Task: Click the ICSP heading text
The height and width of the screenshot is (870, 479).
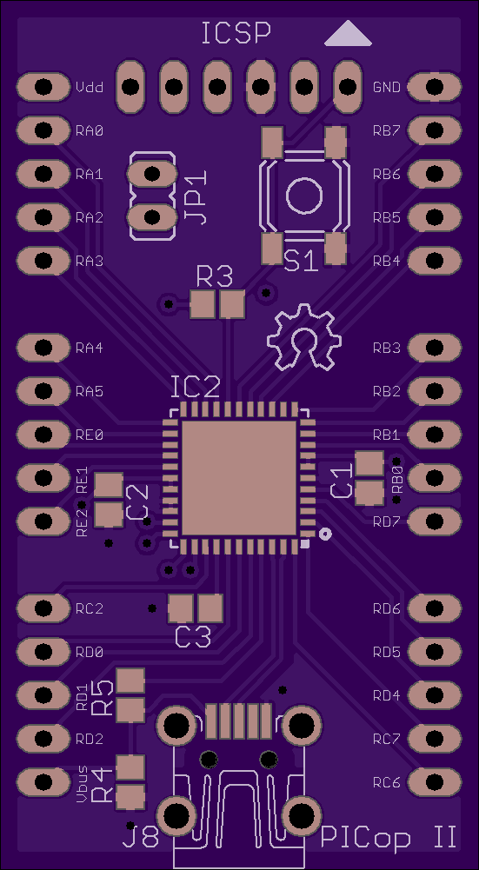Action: tap(236, 33)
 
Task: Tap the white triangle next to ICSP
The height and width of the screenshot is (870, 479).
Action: tap(348, 34)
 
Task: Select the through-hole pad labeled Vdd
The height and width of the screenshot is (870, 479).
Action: tap(43, 87)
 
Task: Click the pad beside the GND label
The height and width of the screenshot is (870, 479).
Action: tap(436, 87)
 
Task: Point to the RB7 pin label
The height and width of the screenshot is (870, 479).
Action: tap(386, 131)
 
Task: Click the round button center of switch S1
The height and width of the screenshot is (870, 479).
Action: tap(303, 196)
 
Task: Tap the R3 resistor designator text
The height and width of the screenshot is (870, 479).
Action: tap(214, 276)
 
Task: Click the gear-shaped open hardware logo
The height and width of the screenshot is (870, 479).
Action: tap(303, 337)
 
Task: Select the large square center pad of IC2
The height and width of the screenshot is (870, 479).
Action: tap(239, 478)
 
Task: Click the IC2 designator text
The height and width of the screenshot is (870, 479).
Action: tap(195, 388)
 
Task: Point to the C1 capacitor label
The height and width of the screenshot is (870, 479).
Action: tap(342, 481)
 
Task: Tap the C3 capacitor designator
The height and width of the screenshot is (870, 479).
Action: tap(193, 636)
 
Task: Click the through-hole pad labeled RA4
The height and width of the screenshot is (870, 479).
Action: tap(43, 348)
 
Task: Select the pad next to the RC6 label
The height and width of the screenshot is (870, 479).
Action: tap(436, 781)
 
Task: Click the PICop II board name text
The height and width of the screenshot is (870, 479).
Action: tap(389, 838)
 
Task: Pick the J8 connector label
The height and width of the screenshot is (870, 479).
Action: tap(141, 838)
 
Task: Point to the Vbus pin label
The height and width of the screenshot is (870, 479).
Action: tap(82, 784)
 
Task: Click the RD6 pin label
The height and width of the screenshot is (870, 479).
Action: tap(386, 609)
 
